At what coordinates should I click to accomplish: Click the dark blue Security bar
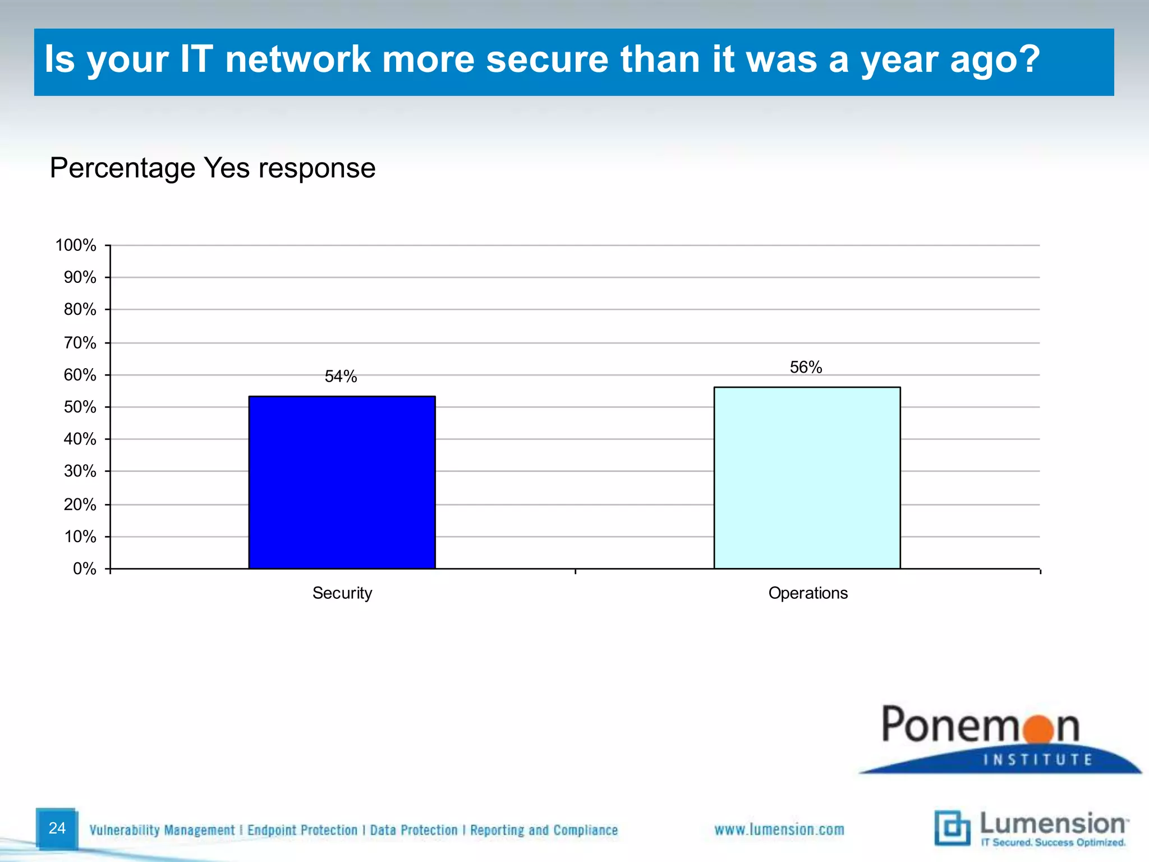click(342, 483)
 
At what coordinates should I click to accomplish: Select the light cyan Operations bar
click(807, 478)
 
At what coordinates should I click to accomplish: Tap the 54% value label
click(341, 377)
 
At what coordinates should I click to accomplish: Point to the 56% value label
click(806, 367)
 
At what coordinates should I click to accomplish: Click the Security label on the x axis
click(342, 593)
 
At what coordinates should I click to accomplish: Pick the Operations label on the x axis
click(808, 593)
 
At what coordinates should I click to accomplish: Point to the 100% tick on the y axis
click(76, 245)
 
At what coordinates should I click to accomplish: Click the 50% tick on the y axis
click(80, 407)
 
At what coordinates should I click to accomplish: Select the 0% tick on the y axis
click(85, 569)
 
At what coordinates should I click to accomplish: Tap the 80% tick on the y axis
click(80, 309)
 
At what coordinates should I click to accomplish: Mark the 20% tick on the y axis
click(80, 505)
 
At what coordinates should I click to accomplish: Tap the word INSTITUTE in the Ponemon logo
click(1038, 760)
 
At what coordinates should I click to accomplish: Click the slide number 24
click(57, 828)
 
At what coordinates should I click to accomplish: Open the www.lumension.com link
click(779, 829)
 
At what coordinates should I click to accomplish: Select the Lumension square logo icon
click(952, 828)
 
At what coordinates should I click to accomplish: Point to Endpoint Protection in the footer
click(302, 830)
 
